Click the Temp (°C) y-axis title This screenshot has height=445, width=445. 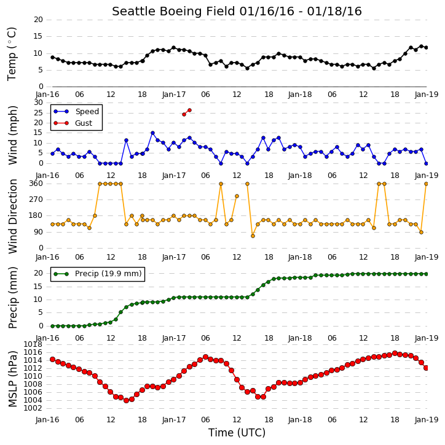(12, 54)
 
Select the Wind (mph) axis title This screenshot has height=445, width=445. (12, 135)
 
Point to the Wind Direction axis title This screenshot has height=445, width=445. (12, 216)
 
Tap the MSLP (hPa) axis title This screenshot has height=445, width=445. (12, 379)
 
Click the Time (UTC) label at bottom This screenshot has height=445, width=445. (237, 433)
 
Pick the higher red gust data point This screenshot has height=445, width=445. (189, 110)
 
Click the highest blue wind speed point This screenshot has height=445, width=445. (152, 133)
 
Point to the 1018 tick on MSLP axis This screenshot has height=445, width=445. (33, 344)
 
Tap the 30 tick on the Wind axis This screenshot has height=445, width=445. (38, 103)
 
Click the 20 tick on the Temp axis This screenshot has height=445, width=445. (38, 20)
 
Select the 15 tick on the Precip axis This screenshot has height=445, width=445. (38, 287)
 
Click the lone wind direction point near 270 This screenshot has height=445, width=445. (237, 196)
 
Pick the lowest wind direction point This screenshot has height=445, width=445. (253, 236)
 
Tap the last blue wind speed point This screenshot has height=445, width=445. (426, 163)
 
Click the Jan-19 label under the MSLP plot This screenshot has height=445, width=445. (427, 419)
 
